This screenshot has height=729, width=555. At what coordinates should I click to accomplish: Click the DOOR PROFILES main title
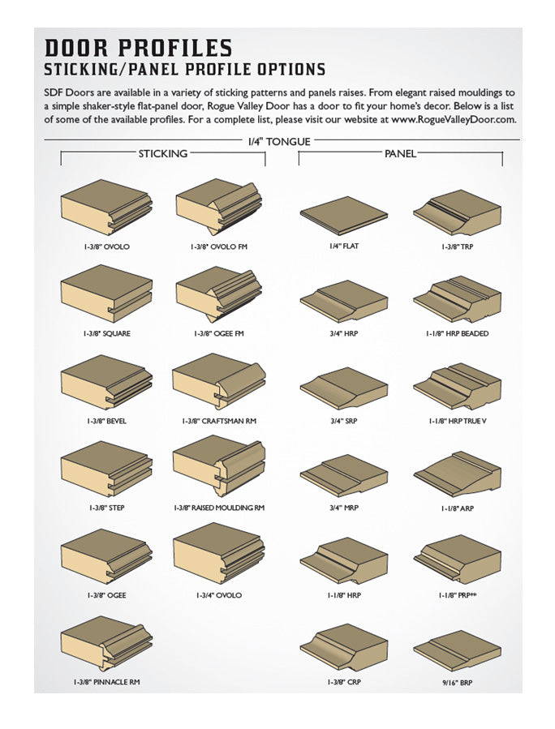tap(138, 48)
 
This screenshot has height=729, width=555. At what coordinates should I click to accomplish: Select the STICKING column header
tap(162, 153)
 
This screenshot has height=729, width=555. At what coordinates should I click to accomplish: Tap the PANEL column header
tap(400, 153)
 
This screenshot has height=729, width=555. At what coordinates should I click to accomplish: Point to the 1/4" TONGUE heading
tap(278, 142)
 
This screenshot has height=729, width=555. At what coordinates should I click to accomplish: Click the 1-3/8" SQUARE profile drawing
tap(106, 294)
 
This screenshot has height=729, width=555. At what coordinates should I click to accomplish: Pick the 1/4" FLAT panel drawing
tap(344, 215)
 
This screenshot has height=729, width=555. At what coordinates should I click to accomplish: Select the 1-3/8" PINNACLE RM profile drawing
tap(106, 644)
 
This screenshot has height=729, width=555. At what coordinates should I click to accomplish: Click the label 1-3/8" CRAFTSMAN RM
tap(219, 422)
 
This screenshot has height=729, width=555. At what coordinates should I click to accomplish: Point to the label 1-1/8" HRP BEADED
tap(457, 333)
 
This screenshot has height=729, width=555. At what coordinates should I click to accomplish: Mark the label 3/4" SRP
tap(344, 422)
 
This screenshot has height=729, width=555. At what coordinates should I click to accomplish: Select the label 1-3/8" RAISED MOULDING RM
tap(219, 508)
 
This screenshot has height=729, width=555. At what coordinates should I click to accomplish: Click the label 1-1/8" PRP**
tap(457, 595)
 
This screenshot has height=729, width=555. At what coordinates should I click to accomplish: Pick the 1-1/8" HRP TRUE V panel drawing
tap(457, 386)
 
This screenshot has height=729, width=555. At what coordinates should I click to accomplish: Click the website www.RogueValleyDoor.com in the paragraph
tap(454, 119)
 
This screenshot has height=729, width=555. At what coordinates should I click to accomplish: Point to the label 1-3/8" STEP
tap(106, 508)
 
